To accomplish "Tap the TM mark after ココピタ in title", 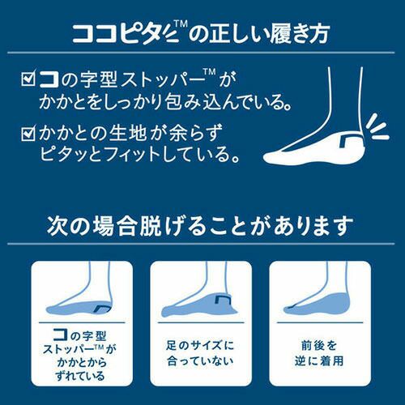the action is click(x=181, y=24).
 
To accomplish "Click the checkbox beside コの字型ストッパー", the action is click(x=28, y=79).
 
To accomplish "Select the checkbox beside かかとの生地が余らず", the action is click(x=28, y=134).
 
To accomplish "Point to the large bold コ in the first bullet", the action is click(x=49, y=79).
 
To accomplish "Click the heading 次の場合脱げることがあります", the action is click(x=200, y=226).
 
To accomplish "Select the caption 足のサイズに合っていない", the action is click(x=200, y=353).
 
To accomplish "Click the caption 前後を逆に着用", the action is click(x=319, y=353).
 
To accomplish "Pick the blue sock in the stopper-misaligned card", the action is click(x=79, y=308).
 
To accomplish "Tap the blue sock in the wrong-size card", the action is click(x=200, y=305).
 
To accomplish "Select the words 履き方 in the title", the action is click(x=300, y=34).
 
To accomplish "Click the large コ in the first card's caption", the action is click(x=61, y=335).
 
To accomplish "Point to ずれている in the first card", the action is click(x=80, y=376).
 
